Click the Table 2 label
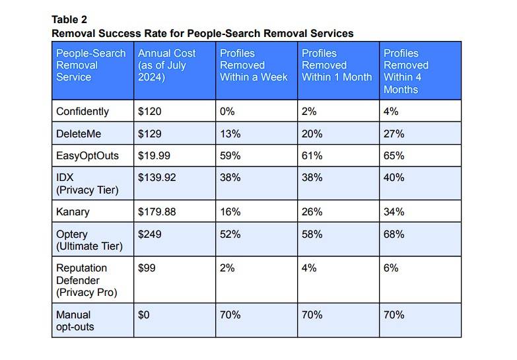[x=69, y=19]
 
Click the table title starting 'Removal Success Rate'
[x=203, y=33]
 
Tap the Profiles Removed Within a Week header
[x=254, y=65]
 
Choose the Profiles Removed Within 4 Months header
[x=406, y=71]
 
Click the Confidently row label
[x=83, y=112]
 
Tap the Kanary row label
[x=72, y=212]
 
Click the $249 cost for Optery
[x=149, y=234]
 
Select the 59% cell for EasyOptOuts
[x=230, y=156]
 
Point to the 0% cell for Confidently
[x=227, y=112]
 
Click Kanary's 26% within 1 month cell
[x=312, y=212]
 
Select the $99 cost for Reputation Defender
[x=147, y=268]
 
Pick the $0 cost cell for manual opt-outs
[x=144, y=315]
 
